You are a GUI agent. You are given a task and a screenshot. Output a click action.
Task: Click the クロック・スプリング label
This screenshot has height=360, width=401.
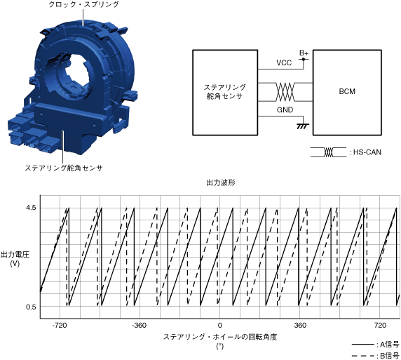pos(83,4)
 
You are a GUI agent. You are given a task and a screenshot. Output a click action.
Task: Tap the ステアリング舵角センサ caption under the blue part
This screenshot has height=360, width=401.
pos(64,168)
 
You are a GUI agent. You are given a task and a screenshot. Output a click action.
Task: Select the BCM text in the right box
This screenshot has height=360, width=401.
pos(347,91)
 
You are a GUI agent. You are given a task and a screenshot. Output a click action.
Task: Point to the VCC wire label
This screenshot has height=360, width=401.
pos(284,62)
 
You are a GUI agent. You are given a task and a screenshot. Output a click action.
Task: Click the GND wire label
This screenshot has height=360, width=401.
pos(285,110)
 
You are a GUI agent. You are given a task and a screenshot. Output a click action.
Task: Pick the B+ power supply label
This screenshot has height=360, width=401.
pos(304,53)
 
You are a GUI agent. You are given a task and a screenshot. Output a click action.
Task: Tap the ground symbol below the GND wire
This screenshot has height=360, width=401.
pos(303,126)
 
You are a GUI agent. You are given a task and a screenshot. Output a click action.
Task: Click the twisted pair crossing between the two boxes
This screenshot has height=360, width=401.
pos(285,92)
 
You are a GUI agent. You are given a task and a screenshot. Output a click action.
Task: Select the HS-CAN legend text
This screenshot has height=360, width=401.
pos(367,152)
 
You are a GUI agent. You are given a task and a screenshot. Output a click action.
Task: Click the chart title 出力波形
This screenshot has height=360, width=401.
pos(221,182)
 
